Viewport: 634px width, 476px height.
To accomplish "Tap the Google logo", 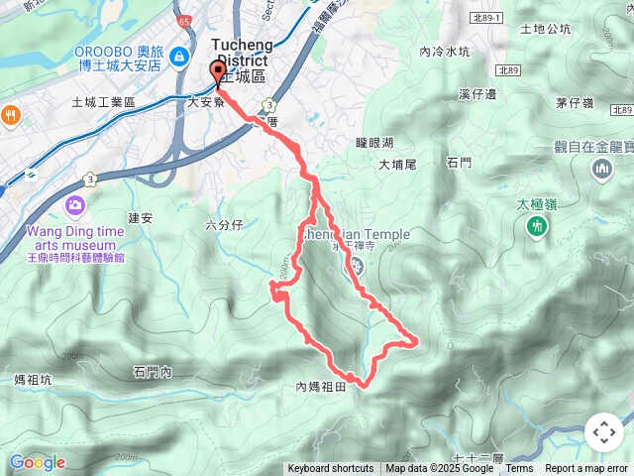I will click(x=37, y=462).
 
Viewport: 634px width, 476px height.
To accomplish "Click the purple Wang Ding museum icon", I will click(x=75, y=206).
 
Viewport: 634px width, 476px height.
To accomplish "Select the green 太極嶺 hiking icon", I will click(x=536, y=227).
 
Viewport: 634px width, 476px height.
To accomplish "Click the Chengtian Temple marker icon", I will click(x=351, y=266).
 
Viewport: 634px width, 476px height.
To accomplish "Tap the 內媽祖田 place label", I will click(x=320, y=387).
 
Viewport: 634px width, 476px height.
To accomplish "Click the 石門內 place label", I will click(x=152, y=372).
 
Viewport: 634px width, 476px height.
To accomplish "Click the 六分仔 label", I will click(x=223, y=225).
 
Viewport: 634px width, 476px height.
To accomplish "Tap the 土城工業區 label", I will click(x=103, y=102).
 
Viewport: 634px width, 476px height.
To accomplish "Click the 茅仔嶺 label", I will click(x=575, y=102).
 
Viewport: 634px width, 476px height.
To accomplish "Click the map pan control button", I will click(x=603, y=432).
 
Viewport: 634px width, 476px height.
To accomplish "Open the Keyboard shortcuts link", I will click(x=331, y=469).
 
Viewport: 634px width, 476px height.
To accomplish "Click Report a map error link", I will click(x=586, y=469).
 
